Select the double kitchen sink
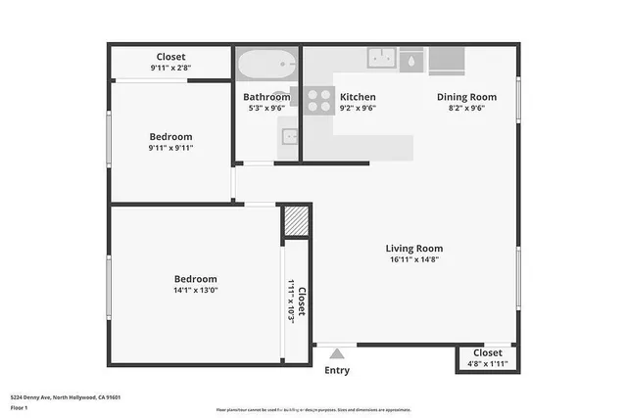380,58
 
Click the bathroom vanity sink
288,147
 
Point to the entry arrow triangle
337,353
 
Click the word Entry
336,370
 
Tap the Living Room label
413,249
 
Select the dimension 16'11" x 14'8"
413,260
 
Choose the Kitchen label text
358,97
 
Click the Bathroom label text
266,97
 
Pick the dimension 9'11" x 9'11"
170,148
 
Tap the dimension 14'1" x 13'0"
195,291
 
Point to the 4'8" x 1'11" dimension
487,364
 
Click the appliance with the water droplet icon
412,59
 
